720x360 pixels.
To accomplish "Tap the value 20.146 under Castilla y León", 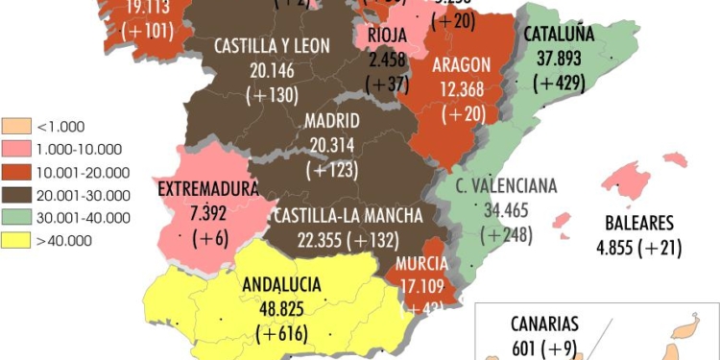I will pos(270,70).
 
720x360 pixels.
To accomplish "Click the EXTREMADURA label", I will pos(207,187).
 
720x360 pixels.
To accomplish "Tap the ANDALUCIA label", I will pos(281,283).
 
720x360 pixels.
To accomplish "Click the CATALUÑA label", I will pos(560,34).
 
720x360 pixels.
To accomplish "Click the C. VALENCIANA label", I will pos(506,185).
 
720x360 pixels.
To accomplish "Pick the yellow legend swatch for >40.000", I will pos(15,240).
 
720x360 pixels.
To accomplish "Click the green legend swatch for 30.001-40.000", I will pos(15,218).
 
